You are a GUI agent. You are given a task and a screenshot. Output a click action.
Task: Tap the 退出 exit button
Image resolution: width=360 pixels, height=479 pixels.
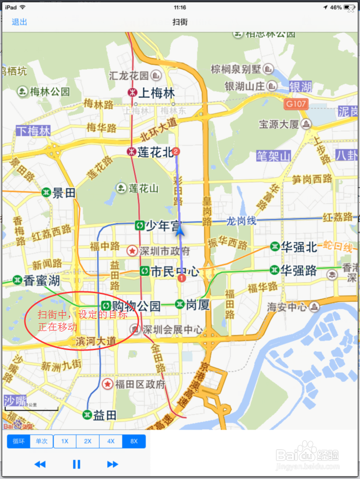[19, 22]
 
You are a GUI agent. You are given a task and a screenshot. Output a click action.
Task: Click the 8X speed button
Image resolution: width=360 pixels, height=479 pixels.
[134, 441]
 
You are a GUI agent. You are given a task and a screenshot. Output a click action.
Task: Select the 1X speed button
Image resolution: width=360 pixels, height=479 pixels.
[65, 441]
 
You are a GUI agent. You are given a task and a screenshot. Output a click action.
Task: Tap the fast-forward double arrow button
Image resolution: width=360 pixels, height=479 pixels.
[112, 464]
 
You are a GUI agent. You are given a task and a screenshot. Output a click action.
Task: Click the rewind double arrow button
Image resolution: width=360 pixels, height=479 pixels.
[40, 464]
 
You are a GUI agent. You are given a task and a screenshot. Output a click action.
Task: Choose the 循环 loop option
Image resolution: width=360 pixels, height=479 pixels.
[19, 441]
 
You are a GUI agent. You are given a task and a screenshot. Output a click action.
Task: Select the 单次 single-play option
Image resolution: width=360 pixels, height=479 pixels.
[42, 441]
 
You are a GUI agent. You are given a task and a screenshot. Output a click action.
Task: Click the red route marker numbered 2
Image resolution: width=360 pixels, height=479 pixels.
[176, 152]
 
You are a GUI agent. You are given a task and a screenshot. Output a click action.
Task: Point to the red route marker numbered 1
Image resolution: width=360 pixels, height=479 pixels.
[181, 278]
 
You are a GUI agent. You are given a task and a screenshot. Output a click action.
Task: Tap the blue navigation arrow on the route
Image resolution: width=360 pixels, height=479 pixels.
[180, 231]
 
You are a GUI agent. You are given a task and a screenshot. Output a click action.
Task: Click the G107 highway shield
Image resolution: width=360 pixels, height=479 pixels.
[296, 104]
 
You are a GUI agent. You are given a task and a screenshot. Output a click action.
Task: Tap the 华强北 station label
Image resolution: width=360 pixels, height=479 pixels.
[299, 247]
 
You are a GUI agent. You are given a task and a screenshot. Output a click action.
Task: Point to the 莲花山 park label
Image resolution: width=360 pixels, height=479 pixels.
[144, 188]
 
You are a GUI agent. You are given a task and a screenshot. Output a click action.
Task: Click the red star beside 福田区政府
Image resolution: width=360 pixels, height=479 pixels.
[108, 384]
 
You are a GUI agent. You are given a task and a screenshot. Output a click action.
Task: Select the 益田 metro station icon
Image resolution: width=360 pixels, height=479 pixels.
[87, 415]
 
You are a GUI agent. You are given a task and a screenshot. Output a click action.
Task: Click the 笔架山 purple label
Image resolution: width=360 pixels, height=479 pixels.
[273, 156]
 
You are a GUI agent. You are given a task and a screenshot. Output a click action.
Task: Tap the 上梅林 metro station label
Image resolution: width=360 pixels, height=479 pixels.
[157, 93]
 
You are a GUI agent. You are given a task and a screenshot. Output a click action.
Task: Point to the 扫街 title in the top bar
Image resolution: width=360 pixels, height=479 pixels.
[180, 22]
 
